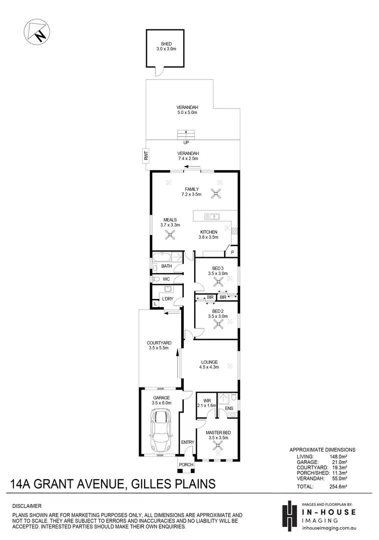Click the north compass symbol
37,32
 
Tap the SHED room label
166,44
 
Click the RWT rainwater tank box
146,155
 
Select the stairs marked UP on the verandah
186,134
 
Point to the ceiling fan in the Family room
217,193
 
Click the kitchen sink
212,216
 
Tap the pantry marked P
232,252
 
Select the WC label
166,279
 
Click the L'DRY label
168,298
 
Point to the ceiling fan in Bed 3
218,282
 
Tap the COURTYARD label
159,343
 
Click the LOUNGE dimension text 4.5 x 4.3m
209,367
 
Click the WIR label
207,401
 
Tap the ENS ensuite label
229,408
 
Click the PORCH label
186,464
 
